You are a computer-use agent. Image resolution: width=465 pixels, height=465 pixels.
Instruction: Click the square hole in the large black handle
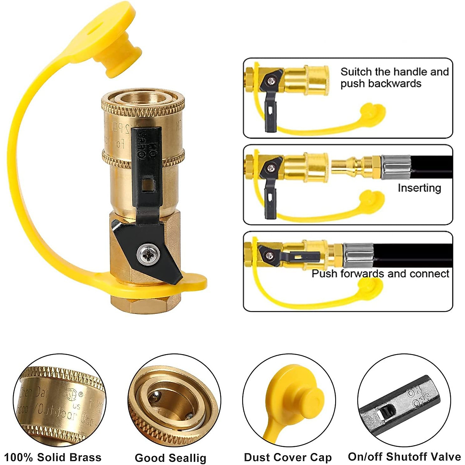[147, 185]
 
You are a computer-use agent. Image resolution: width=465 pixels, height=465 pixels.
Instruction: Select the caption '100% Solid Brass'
[53, 457]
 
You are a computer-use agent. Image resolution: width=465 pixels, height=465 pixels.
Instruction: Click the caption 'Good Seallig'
[170, 458]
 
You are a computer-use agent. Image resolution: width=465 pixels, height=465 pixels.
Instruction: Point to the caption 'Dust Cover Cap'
[288, 457]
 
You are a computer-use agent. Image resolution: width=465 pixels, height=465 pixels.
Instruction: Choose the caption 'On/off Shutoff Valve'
[404, 456]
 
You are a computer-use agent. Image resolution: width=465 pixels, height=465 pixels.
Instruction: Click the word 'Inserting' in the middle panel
[419, 188]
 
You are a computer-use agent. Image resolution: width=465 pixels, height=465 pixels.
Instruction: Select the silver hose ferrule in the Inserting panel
[396, 167]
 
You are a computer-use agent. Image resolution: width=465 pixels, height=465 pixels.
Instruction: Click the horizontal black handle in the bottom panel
[298, 256]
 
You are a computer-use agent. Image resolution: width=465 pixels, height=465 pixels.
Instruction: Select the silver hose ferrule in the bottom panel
[358, 255]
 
